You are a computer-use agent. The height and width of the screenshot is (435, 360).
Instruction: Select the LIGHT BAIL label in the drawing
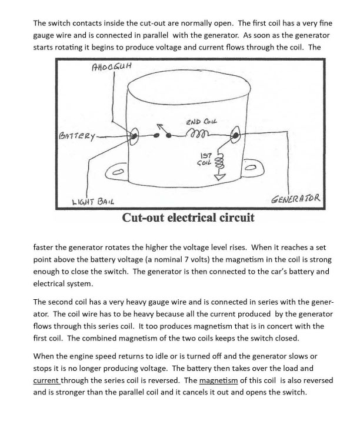[93, 200]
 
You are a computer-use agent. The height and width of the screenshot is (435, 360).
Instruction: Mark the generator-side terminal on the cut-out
[236, 136]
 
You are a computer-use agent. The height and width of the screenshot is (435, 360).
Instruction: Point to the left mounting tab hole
[119, 172]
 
